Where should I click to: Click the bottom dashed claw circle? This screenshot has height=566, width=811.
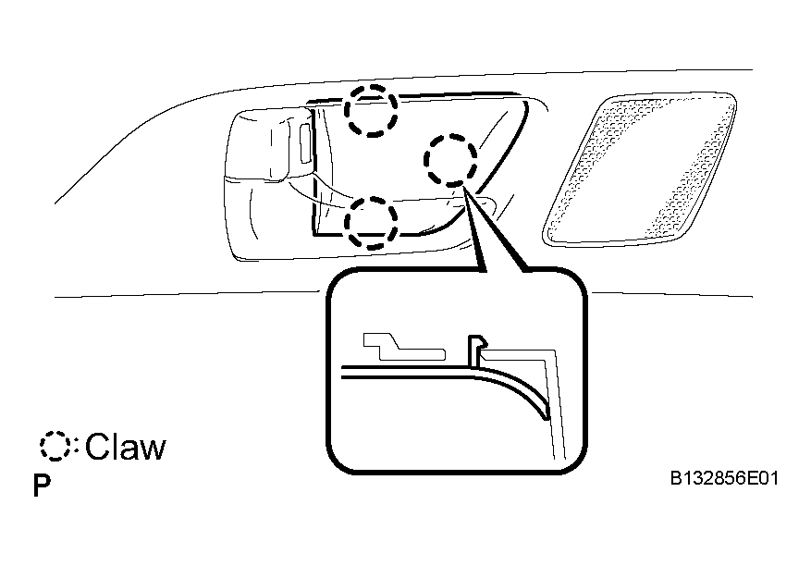tap(372, 198)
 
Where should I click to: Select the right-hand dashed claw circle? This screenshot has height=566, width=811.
tap(450, 136)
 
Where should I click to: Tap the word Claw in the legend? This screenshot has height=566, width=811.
tap(126, 446)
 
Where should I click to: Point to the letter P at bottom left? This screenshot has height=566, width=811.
tap(42, 486)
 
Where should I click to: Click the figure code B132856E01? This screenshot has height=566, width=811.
tap(724, 478)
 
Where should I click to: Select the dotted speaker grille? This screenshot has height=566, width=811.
tap(640, 168)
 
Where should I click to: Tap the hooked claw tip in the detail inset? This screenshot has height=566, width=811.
tap(478, 342)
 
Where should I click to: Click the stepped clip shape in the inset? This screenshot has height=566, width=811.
tap(403, 347)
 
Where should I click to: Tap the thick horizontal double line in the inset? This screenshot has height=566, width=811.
tap(409, 372)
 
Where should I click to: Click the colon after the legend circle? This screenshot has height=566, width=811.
tap(76, 446)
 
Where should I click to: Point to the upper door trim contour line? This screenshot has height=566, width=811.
tap(403, 83)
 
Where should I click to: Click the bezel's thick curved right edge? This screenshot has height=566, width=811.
tap(497, 171)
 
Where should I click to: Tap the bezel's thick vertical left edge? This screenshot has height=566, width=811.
tap(313, 171)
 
